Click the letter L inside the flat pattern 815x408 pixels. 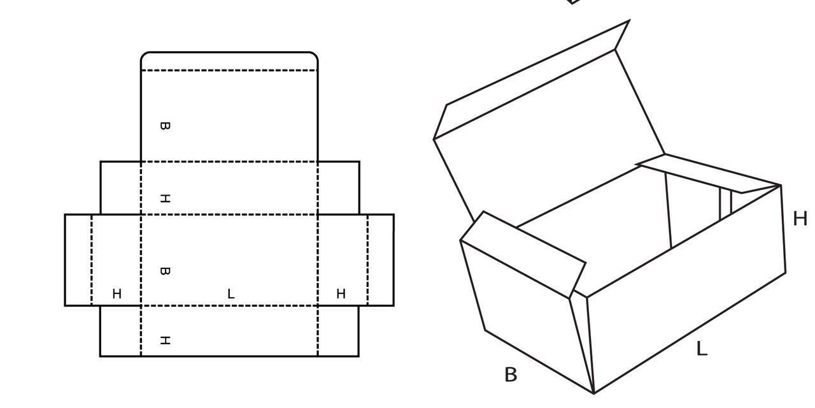(x=230, y=294)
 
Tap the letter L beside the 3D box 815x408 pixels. (x=702, y=349)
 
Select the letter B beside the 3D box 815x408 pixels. (x=511, y=374)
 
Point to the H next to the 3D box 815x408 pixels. (x=800, y=219)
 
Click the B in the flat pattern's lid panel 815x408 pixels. (x=165, y=126)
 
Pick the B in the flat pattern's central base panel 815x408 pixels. (x=165, y=272)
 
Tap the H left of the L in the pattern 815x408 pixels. (x=117, y=294)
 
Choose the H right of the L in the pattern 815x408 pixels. (x=341, y=294)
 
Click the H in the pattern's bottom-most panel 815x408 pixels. (x=165, y=340)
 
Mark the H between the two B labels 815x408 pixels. (x=165, y=198)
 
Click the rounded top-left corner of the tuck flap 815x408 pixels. (x=144, y=55)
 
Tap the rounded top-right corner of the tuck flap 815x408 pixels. (x=315, y=55)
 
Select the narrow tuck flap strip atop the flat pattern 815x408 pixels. (x=229, y=61)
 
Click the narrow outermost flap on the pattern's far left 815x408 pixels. (x=78, y=259)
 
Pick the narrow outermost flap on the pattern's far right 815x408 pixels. (x=381, y=259)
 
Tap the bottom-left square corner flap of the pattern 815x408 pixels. (x=120, y=331)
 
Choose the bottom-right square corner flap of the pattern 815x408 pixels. (x=338, y=331)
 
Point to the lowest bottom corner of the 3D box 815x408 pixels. (x=594, y=393)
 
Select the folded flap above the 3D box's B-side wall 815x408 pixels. (x=523, y=254)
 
